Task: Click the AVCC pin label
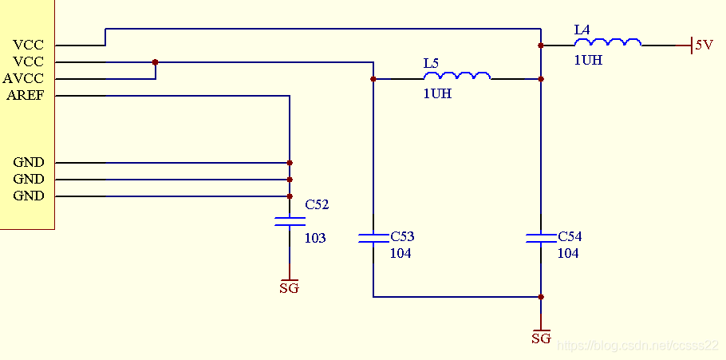[23, 78]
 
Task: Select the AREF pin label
[26, 96]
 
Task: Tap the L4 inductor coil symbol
[608, 42]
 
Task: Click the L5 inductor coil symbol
[457, 76]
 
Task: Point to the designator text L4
[582, 30]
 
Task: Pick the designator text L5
[431, 64]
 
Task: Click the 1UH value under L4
[588, 60]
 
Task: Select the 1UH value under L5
[437, 93]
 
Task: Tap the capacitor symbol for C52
[290, 221]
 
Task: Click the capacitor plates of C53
[373, 238]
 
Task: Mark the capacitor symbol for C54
[541, 238]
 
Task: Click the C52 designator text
[318, 204]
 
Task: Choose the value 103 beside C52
[315, 238]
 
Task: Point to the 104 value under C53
[400, 253]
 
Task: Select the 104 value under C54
[568, 253]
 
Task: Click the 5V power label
[704, 45]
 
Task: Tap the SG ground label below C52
[290, 287]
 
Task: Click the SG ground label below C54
[541, 338]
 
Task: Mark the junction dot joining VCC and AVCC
[155, 62]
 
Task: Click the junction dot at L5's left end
[373, 79]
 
